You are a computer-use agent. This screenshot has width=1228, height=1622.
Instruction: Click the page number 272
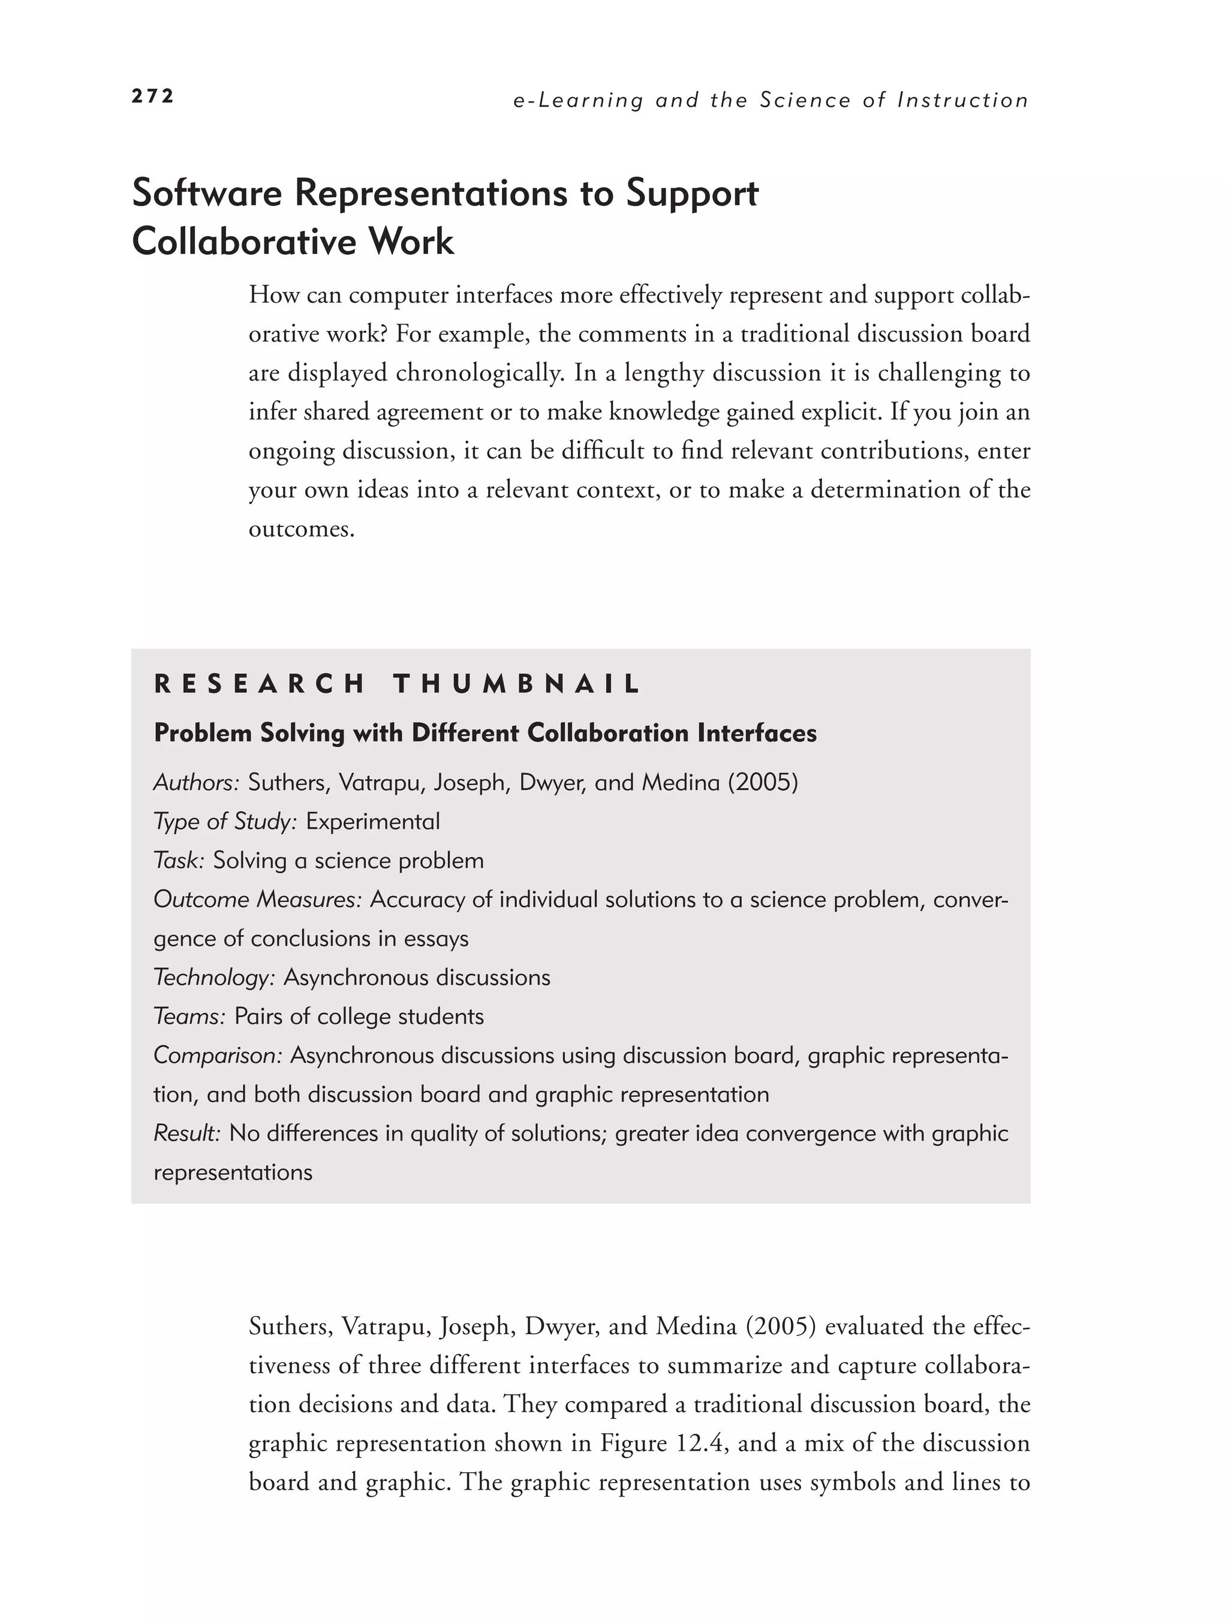click(x=152, y=96)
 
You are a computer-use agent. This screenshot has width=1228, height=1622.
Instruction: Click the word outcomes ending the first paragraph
click(x=301, y=528)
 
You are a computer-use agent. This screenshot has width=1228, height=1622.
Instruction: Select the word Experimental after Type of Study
click(x=372, y=821)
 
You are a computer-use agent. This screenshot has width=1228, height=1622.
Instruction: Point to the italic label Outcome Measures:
click(x=257, y=899)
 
